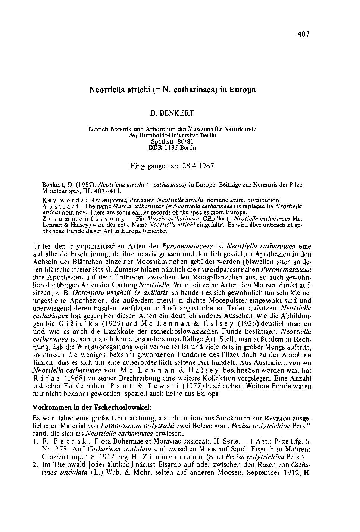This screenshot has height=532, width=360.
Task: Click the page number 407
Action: pos(304,34)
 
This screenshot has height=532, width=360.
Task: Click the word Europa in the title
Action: pos(242,90)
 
